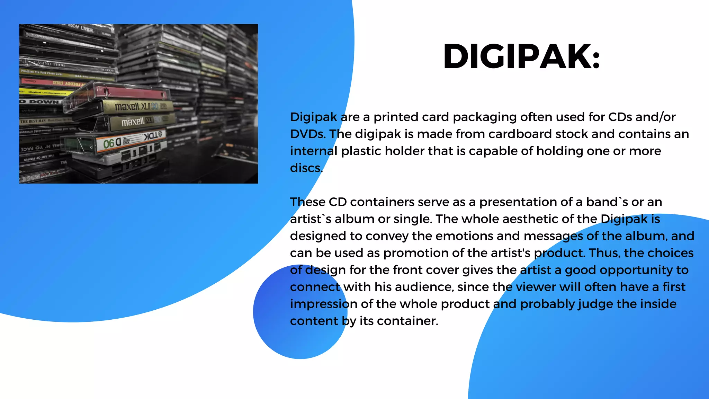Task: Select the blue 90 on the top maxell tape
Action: [154, 106]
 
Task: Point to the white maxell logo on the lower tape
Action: [133, 122]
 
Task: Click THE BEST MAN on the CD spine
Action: [33, 121]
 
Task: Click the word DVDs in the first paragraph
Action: [307, 134]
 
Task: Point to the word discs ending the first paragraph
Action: [306, 168]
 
